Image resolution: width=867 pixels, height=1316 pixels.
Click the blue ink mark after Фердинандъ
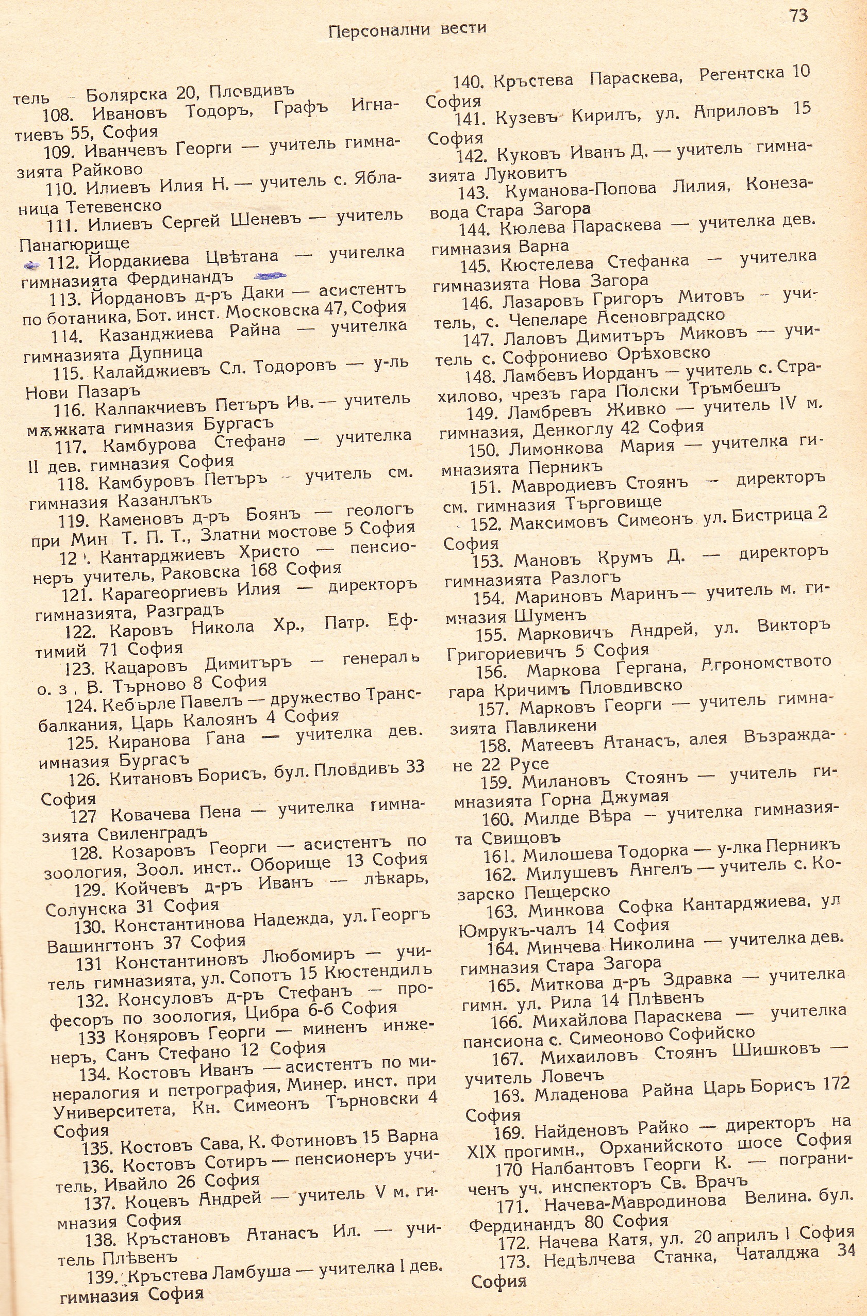click(x=271, y=275)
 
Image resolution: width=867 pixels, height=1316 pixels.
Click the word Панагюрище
click(x=74, y=243)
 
